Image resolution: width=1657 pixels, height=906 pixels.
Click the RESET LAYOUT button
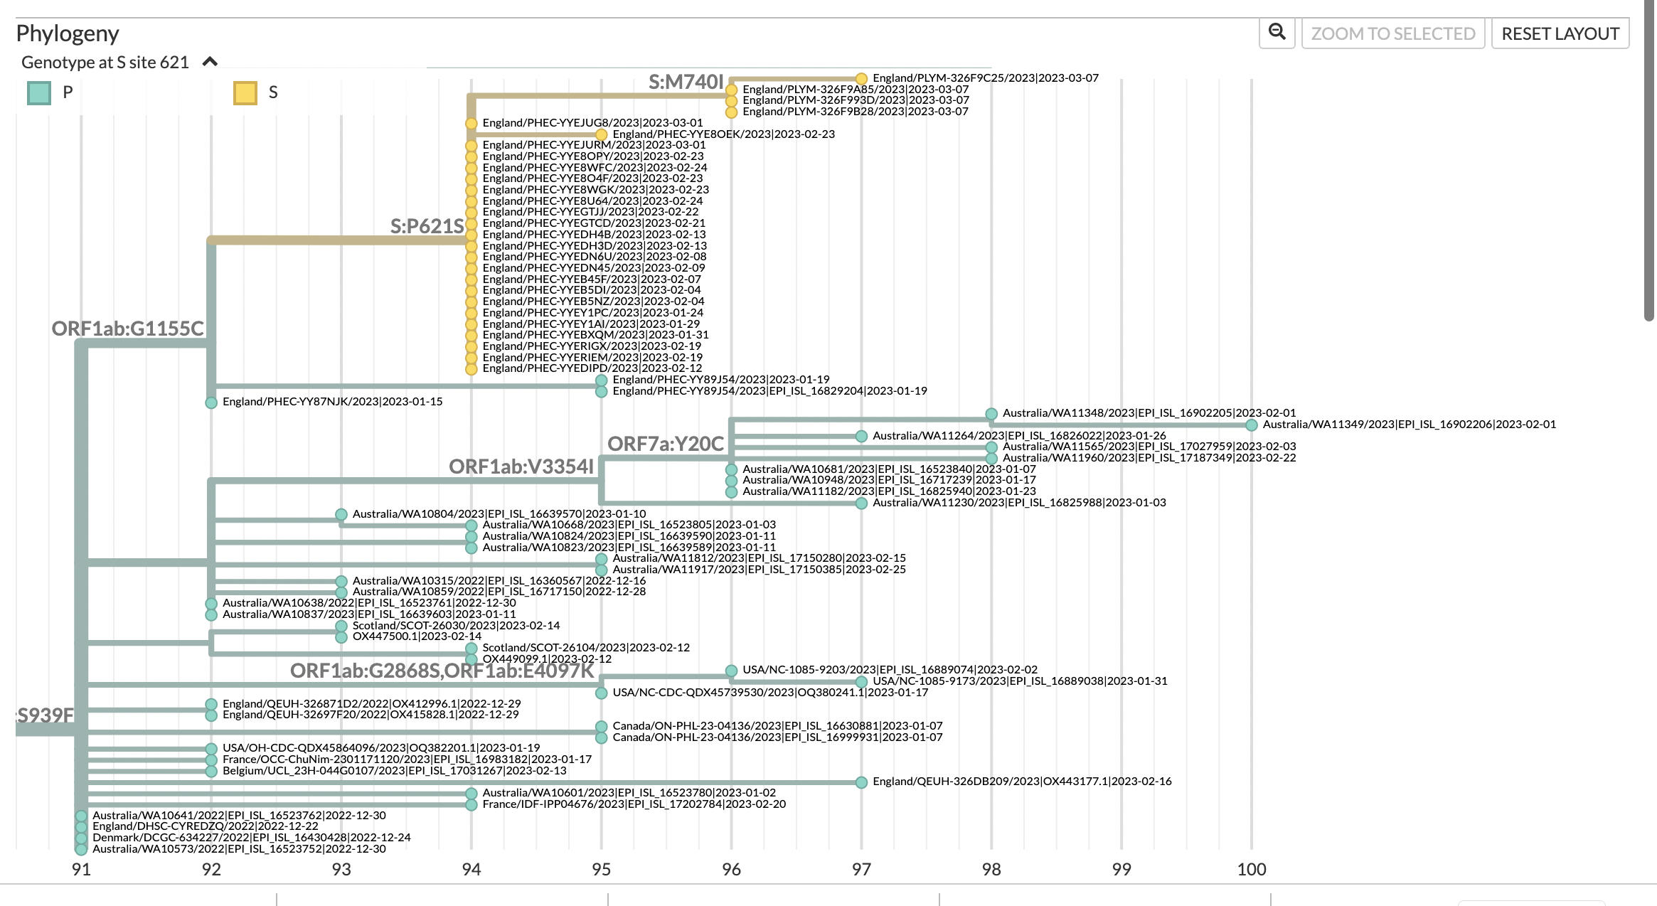click(x=1560, y=33)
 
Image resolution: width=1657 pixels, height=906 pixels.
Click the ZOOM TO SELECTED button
click(x=1392, y=33)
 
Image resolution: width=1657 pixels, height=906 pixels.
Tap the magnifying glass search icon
click(x=1277, y=32)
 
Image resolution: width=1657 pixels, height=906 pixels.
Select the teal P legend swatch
click(x=39, y=92)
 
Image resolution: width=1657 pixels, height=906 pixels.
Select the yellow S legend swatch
click(x=245, y=92)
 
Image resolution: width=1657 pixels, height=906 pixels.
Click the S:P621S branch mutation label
click(x=427, y=226)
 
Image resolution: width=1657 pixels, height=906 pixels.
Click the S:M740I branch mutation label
click(x=686, y=82)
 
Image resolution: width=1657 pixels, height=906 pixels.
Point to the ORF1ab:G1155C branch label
click(x=127, y=329)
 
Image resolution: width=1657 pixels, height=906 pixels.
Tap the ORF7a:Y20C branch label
click(x=665, y=444)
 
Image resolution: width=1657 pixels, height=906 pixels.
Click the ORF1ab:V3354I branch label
click(x=521, y=467)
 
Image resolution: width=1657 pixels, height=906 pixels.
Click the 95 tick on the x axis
click(x=601, y=869)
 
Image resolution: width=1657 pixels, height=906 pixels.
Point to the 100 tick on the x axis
click(x=1251, y=869)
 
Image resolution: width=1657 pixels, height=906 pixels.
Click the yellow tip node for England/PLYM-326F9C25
click(x=861, y=78)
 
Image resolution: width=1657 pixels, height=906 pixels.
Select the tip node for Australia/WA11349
click(x=1251, y=425)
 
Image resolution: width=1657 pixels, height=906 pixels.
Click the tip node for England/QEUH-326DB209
click(x=861, y=782)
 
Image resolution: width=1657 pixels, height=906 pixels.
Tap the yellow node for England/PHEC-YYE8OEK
click(x=601, y=134)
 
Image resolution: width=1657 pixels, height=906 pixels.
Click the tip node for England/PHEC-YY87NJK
click(x=211, y=403)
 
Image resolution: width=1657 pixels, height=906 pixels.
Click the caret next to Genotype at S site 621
click(x=210, y=62)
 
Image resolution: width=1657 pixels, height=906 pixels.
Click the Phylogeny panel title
click(x=68, y=33)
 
